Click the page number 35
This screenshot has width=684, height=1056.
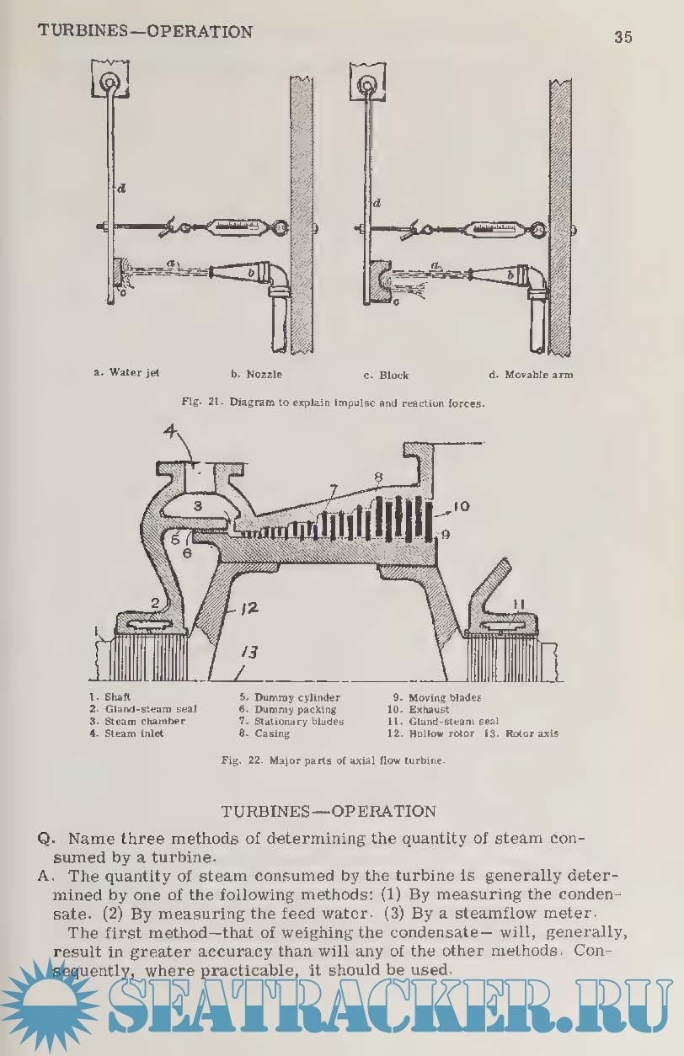pyautogui.click(x=623, y=37)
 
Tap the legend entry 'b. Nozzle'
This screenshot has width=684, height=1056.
pyautogui.click(x=256, y=374)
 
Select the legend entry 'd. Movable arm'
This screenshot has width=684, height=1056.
pyautogui.click(x=530, y=375)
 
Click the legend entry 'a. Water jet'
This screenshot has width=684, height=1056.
pyautogui.click(x=126, y=372)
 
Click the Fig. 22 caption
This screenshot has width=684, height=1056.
pyautogui.click(x=333, y=760)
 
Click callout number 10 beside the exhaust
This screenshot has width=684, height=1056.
pyautogui.click(x=459, y=507)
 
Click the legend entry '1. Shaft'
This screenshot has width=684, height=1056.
pyautogui.click(x=110, y=697)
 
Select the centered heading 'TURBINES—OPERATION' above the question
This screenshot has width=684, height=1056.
pyautogui.click(x=329, y=812)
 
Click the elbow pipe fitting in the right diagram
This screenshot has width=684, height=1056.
pyautogui.click(x=534, y=277)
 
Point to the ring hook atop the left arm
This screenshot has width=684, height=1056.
pyautogui.click(x=110, y=83)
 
